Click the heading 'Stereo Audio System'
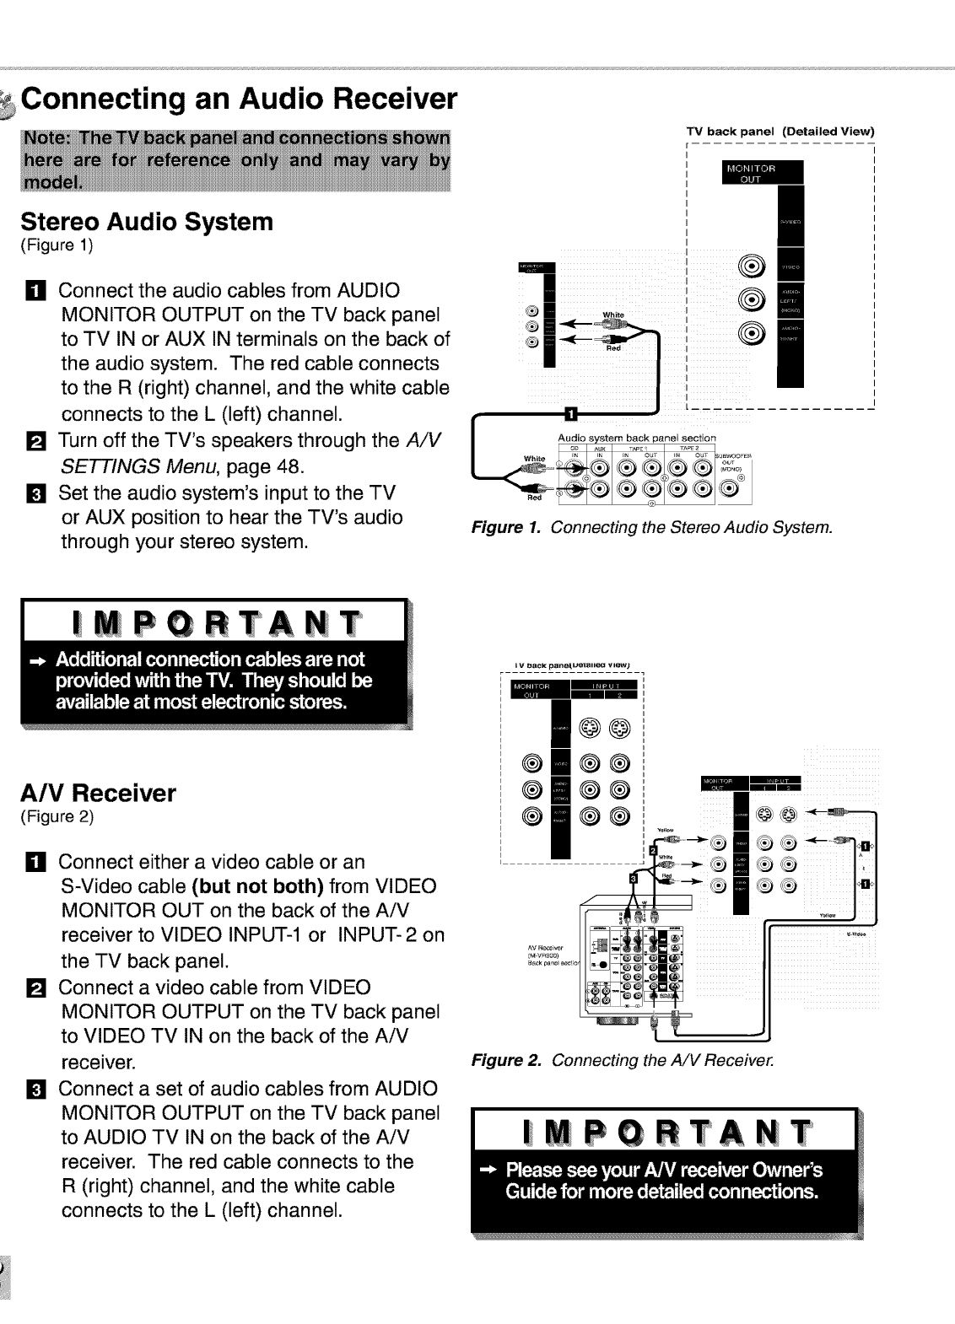(x=147, y=222)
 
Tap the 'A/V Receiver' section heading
(x=99, y=793)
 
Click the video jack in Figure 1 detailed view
(x=751, y=266)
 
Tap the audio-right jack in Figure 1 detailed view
(x=751, y=333)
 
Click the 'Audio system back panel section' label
(x=637, y=438)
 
